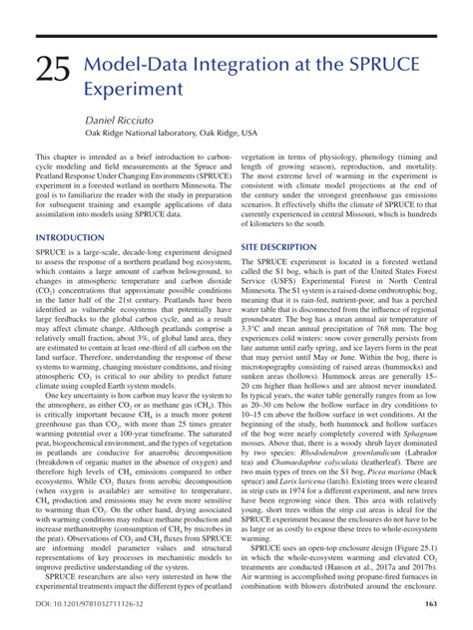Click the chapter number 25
pos(52,71)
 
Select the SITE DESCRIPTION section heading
pos(279,244)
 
